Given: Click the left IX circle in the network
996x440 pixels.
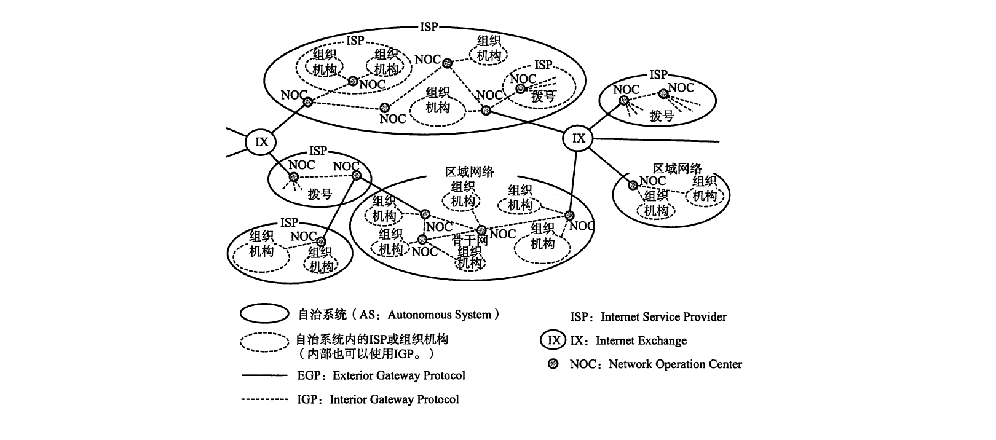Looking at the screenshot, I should click(x=262, y=142).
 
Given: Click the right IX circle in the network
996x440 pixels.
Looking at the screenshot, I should click(x=579, y=138).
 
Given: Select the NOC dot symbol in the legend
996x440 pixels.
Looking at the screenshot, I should click(x=553, y=364).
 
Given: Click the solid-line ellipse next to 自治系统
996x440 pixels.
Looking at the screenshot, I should click(x=264, y=314).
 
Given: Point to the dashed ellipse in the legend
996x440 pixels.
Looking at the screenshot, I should click(x=264, y=342).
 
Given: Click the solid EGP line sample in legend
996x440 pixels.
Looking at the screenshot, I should click(x=264, y=375).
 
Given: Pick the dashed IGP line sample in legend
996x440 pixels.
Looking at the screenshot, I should click(x=264, y=399).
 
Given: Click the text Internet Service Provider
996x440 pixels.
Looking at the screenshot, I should click(x=663, y=317).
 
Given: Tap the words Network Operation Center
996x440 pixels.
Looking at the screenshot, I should click(x=675, y=364).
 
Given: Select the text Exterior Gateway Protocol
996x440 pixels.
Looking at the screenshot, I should click(x=398, y=375).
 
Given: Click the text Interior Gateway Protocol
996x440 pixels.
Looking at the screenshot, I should click(x=394, y=399).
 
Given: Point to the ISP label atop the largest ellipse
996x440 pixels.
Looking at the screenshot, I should click(x=429, y=27).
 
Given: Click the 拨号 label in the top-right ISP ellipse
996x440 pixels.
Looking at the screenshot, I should click(x=662, y=116).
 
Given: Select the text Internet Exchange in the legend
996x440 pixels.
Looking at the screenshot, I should click(x=641, y=340).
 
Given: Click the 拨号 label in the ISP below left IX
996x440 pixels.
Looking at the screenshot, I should click(x=320, y=194).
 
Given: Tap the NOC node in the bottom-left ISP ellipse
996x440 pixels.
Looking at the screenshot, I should click(x=320, y=242).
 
